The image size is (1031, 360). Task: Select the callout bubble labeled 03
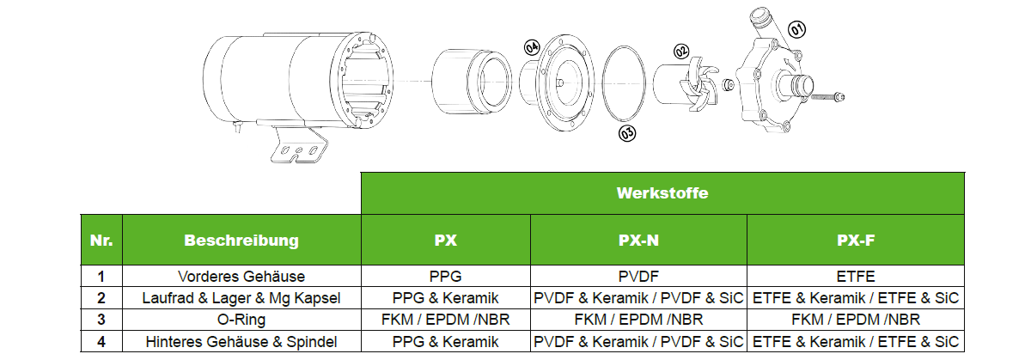click(627, 133)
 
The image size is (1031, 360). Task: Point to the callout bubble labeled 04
click(531, 46)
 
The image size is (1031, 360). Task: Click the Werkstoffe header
click(662, 193)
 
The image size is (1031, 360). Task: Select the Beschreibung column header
click(241, 240)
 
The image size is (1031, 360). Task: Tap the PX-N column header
click(638, 240)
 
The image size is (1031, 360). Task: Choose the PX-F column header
click(856, 240)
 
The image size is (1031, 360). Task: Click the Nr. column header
click(101, 240)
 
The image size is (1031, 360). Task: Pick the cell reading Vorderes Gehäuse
click(241, 277)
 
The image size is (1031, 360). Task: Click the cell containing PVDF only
click(638, 277)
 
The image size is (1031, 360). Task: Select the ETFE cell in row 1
click(856, 277)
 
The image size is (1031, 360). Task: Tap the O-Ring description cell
click(241, 320)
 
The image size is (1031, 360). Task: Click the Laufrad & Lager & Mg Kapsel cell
click(241, 298)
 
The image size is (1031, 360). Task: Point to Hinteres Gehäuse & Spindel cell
click(241, 341)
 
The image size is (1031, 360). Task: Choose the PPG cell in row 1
click(445, 277)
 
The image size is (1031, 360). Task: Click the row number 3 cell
click(101, 320)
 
